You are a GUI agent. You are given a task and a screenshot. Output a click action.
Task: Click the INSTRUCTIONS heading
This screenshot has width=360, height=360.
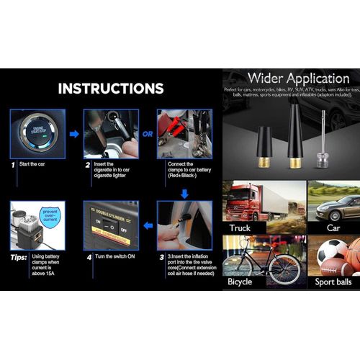click(x=111, y=89)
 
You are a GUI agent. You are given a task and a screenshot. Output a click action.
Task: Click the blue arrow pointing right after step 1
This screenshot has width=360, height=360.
click(x=73, y=133)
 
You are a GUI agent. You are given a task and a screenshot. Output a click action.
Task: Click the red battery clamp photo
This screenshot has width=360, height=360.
click(x=184, y=133)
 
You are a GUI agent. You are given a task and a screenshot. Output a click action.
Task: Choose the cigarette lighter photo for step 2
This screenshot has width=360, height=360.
click(x=110, y=133)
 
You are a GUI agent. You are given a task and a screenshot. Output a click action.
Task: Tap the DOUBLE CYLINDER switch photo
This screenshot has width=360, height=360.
click(x=110, y=225)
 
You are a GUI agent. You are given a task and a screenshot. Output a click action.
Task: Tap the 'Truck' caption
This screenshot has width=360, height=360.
click(x=242, y=228)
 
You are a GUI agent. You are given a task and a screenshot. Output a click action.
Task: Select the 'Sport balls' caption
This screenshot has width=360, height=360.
click(x=333, y=282)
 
